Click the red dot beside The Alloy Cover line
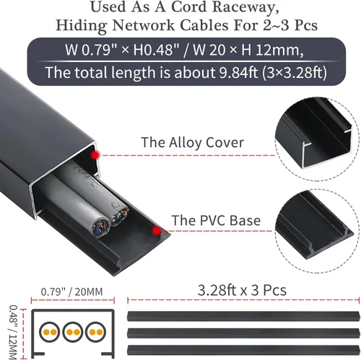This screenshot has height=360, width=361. coord(95,155)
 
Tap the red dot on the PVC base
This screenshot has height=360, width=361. coord(157,231)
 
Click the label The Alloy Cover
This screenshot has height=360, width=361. coord(192,143)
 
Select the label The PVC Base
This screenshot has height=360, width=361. coord(216,220)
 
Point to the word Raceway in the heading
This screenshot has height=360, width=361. coord(245,7)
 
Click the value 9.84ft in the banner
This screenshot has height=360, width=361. coord(238,72)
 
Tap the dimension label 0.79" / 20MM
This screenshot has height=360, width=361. coord(71,292)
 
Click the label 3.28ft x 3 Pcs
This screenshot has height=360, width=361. coord(242,290)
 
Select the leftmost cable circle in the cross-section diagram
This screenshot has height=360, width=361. coord(50,332)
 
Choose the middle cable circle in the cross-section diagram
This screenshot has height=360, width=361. coord(73,332)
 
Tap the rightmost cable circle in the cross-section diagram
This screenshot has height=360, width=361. coord(95,332)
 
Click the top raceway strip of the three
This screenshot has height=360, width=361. coord(243,316)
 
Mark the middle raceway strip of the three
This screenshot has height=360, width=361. coord(243,333)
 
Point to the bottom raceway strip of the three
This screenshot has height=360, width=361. coord(243,350)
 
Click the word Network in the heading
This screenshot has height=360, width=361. coord(144,25)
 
